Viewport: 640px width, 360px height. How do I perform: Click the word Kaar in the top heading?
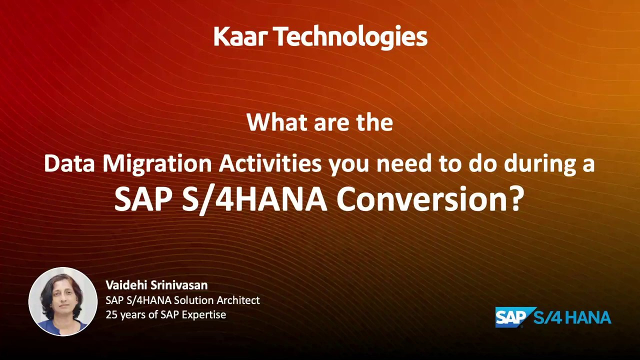point(240,37)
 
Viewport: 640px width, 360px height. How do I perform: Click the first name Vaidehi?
point(126,285)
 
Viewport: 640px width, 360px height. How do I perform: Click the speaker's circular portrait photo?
point(63,301)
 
